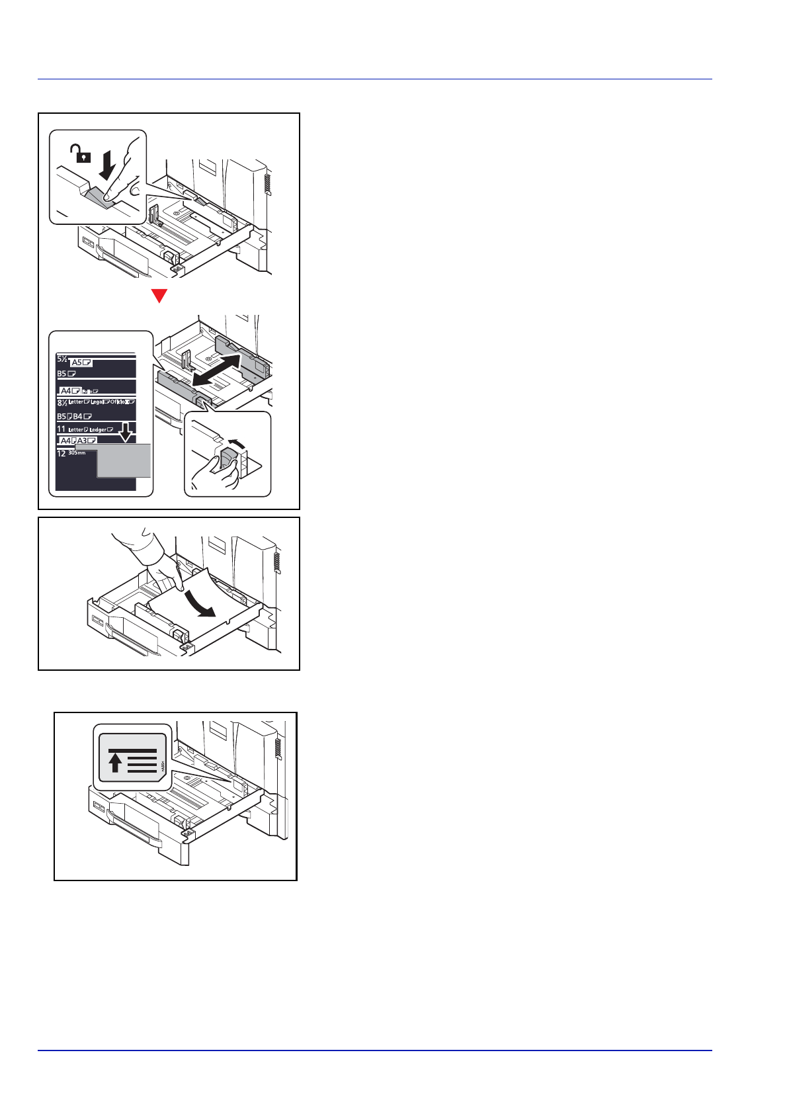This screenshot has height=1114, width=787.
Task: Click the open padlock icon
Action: tap(79, 155)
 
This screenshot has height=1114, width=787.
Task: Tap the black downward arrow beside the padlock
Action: tap(106, 165)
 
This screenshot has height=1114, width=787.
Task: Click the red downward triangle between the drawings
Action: tap(159, 296)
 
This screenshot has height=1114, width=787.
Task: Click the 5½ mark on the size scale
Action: tap(62, 360)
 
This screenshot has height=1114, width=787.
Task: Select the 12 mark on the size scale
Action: tap(61, 454)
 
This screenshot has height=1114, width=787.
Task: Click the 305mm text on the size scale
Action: tap(77, 453)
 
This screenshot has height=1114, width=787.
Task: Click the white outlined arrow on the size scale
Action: tap(125, 433)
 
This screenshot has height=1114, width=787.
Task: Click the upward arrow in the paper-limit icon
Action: tap(115, 763)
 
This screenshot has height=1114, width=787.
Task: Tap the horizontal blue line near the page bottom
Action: tap(375, 1050)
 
